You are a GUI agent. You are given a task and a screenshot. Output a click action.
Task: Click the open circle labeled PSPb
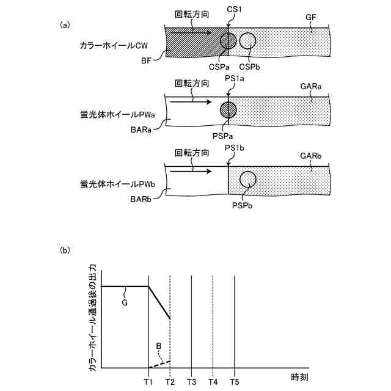tap(247, 179)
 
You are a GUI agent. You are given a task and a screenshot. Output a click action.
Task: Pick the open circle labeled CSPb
tap(247, 40)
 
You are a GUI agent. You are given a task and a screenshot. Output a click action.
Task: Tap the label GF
tap(310, 18)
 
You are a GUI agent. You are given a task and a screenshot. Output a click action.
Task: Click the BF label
tap(146, 60)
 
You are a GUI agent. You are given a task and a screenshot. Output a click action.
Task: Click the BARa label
tap(142, 130)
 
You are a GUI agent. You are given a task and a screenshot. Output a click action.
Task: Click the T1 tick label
tap(148, 381)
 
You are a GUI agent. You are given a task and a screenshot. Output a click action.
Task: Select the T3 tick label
tap(191, 381)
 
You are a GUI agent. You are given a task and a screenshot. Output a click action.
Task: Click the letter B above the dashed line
tap(158, 346)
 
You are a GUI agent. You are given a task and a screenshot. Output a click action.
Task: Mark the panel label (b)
tap(65, 250)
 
